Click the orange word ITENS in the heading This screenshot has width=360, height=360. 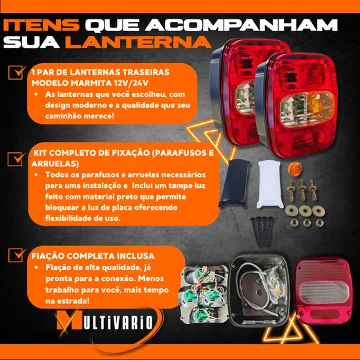click(x=42, y=25)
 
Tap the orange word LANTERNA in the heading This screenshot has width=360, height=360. click(x=138, y=42)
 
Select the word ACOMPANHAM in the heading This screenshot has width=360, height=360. click(x=241, y=25)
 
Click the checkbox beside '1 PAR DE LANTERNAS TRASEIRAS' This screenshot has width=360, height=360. click(x=16, y=73)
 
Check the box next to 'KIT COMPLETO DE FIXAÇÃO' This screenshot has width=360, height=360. click(x=16, y=159)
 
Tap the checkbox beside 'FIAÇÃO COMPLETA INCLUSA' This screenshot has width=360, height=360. click(x=16, y=255)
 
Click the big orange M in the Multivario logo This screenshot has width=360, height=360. click(x=69, y=320)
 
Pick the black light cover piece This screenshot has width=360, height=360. click(x=234, y=183)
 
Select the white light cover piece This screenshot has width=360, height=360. click(x=269, y=184)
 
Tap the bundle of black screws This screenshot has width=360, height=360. click(x=262, y=231)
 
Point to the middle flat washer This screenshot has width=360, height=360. click(x=305, y=210)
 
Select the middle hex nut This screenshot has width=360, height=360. click(x=306, y=223)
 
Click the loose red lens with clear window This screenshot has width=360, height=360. click(x=323, y=291)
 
